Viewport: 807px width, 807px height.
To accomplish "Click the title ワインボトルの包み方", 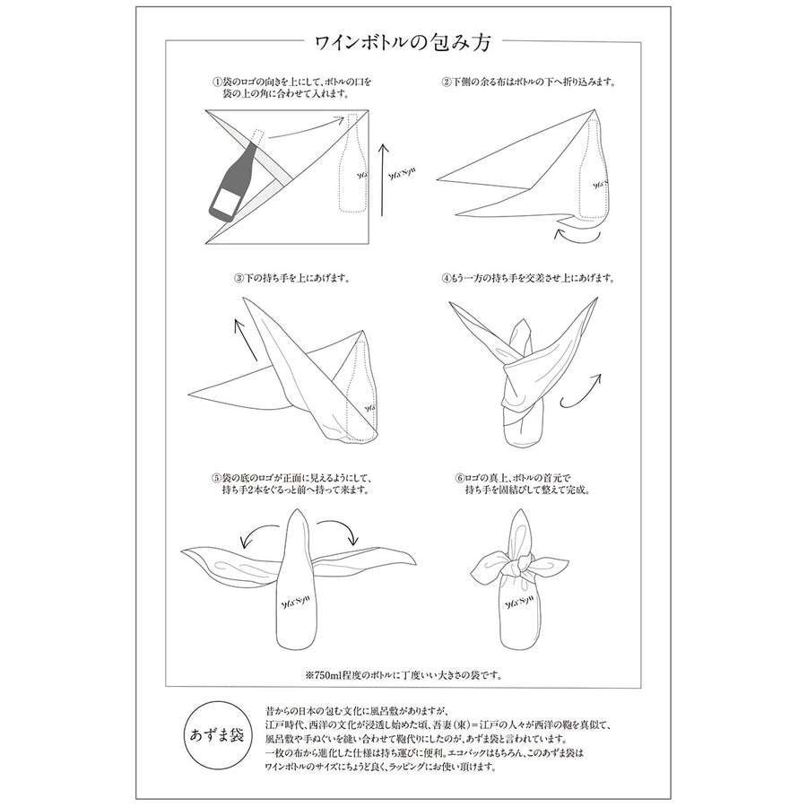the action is [403, 41].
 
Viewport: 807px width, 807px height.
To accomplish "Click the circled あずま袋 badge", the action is [216, 735].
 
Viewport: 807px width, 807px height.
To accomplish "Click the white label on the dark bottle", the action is [225, 200].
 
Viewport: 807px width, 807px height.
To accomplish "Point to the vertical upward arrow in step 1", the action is [382, 179].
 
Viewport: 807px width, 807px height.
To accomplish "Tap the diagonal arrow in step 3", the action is [246, 339].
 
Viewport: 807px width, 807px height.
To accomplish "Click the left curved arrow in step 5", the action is [260, 533].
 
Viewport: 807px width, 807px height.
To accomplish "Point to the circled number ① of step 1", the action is [217, 82].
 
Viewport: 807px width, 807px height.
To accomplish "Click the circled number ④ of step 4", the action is [446, 279].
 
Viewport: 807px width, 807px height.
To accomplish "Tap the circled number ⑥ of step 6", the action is [460, 478].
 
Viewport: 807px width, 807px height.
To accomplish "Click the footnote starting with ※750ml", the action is [403, 674].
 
